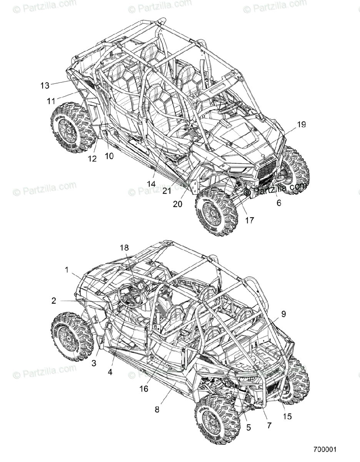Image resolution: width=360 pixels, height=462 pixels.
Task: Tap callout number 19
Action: coord(301,124)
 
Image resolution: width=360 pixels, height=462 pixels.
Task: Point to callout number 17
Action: coord(250,220)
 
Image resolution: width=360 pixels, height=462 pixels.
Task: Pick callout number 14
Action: coord(151,184)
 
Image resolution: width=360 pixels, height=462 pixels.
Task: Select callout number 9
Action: coord(283,314)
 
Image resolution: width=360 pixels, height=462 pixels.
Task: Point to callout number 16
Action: coord(144,389)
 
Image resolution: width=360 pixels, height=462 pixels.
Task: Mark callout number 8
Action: coord(157,410)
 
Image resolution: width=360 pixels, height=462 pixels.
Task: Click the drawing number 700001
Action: coord(325,450)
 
